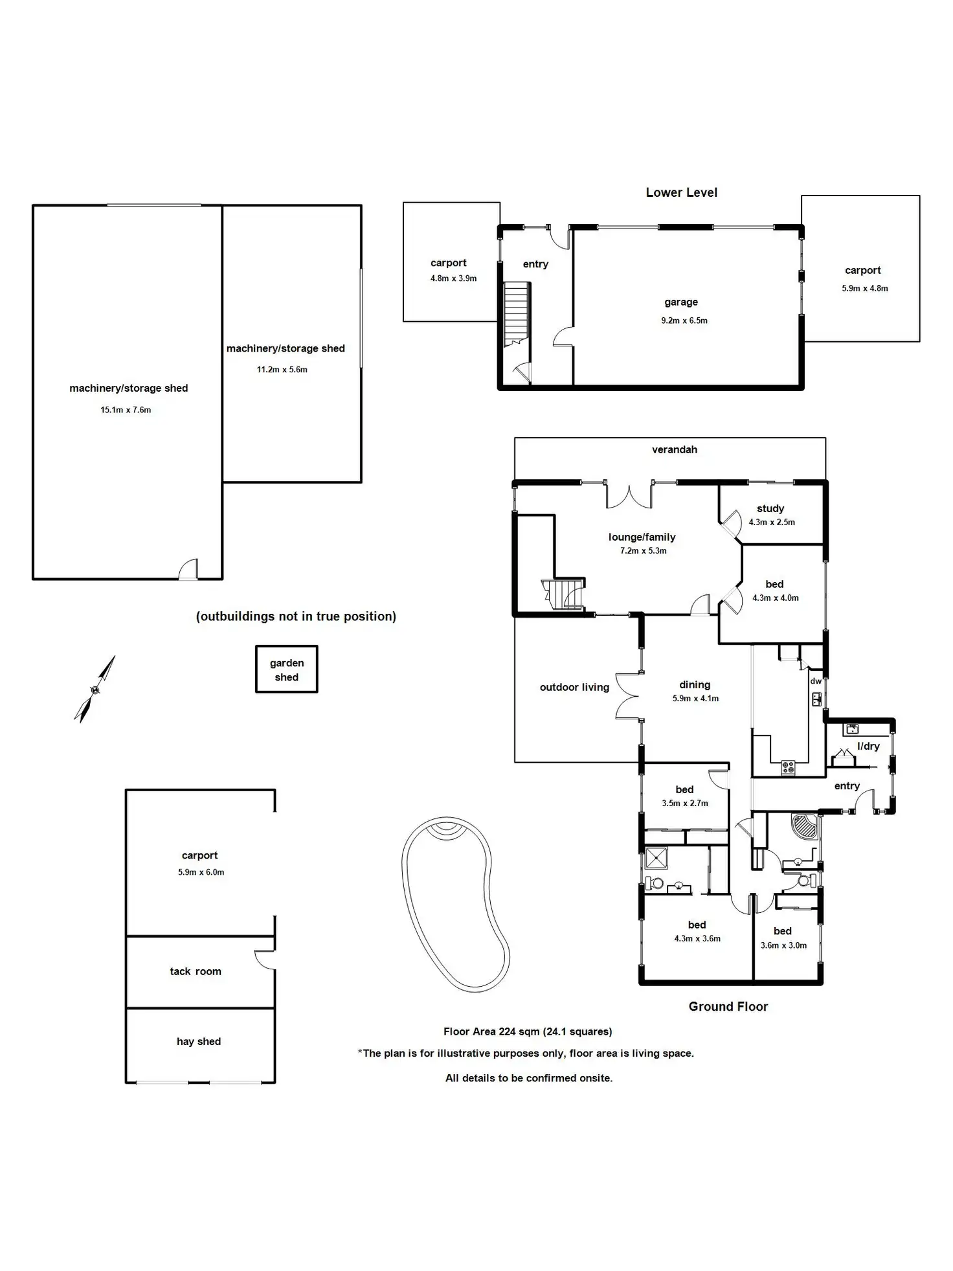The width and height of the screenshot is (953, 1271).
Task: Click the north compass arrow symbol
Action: (x=95, y=690)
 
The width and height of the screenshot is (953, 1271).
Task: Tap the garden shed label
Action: (x=286, y=670)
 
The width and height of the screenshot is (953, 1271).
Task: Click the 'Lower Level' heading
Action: (x=681, y=192)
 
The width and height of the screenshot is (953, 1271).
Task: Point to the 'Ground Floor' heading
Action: (x=728, y=1006)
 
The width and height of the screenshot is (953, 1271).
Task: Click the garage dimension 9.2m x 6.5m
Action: (x=684, y=321)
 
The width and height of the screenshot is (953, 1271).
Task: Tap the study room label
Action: (x=770, y=509)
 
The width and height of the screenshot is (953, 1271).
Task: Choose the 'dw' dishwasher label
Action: (x=815, y=681)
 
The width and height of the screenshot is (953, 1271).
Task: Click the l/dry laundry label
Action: (x=868, y=747)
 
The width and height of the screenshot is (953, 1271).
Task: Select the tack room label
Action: (x=196, y=971)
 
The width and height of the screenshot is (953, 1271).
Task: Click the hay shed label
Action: (x=199, y=1041)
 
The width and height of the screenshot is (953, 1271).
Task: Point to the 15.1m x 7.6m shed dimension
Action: (x=126, y=410)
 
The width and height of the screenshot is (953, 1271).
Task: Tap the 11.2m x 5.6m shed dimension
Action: (x=282, y=370)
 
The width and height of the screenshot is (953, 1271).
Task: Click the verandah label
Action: (x=674, y=449)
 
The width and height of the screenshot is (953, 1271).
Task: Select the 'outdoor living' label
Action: (x=574, y=687)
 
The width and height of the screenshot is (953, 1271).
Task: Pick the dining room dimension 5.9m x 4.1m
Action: (x=695, y=699)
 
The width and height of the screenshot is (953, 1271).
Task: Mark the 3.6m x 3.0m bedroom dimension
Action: (x=783, y=945)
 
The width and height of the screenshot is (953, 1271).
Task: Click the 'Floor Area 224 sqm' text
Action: (x=527, y=1031)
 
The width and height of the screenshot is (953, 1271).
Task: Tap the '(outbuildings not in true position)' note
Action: (x=296, y=616)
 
